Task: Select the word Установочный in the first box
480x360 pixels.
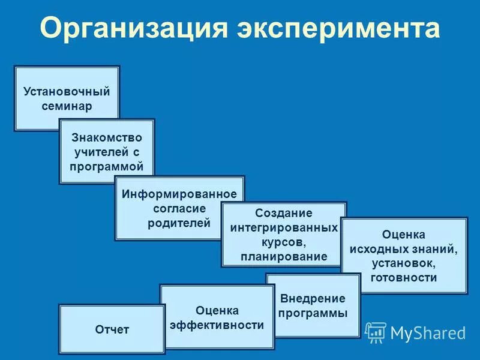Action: tap(67, 92)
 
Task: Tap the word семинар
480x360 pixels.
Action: tap(67, 106)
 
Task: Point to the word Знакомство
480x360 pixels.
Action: tap(107, 137)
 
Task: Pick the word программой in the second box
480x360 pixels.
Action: tap(107, 166)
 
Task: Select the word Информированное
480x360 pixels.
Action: tap(179, 194)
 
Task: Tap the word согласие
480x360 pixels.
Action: tap(179, 208)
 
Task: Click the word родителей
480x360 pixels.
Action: tap(179, 223)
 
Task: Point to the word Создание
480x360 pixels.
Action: tap(284, 213)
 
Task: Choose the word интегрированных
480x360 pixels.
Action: tap(284, 228)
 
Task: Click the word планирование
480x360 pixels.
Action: tap(284, 257)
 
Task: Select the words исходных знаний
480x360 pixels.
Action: tap(404, 248)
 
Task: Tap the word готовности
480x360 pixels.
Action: tap(404, 277)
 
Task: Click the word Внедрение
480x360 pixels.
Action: tap(313, 298)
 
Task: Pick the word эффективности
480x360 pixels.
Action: tap(217, 325)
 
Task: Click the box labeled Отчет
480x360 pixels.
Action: tap(112, 329)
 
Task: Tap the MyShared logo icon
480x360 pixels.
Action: tap(376, 332)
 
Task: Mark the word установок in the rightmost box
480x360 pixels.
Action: tap(404, 263)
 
